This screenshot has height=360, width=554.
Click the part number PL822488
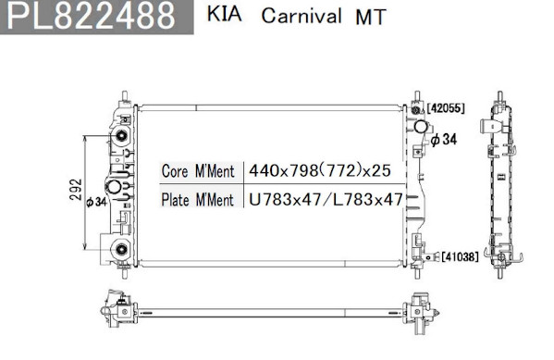point(92,16)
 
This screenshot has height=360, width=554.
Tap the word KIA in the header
point(225,14)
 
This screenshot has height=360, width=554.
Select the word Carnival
point(302,16)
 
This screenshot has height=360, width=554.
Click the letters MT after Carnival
point(371,17)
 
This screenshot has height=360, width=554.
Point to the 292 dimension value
point(76,190)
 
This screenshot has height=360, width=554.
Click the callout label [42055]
point(446,108)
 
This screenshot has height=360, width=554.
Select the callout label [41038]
point(460,256)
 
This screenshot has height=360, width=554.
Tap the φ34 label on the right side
point(444,140)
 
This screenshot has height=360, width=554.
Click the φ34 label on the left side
point(96,202)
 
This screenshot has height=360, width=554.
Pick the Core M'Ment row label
point(198,171)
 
